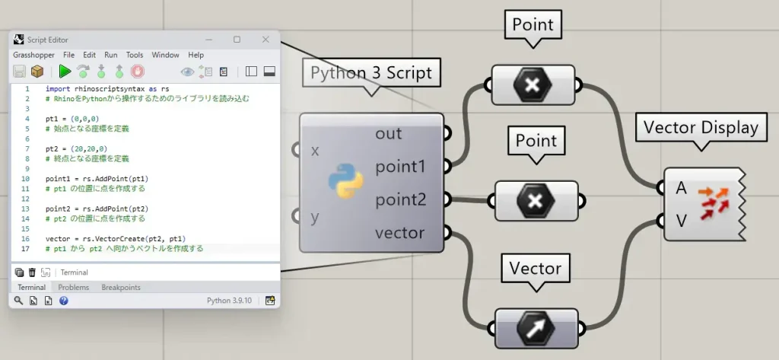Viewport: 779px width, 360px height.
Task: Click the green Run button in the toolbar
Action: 65,72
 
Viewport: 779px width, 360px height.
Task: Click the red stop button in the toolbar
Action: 138,72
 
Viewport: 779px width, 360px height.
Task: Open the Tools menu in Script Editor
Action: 134,55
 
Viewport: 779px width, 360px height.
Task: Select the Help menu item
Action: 196,55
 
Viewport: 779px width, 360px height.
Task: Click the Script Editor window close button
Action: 265,40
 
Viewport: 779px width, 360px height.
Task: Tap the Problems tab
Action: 74,288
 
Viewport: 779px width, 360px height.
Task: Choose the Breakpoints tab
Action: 121,288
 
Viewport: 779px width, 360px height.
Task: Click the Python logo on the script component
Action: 346,181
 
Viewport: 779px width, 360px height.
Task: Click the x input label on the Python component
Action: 315,150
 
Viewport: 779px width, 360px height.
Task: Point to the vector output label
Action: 399,233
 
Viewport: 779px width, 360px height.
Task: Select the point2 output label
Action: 400,200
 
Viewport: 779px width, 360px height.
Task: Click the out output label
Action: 389,133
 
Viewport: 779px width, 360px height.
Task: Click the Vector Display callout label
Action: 701,127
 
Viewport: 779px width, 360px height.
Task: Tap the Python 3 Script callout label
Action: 371,72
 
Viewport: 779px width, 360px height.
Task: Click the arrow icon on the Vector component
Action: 536,328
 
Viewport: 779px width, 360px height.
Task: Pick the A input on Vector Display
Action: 681,188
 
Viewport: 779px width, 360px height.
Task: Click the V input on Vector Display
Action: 681,220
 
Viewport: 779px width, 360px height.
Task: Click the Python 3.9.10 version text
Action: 229,301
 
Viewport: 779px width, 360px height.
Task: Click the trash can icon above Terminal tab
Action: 32,272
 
